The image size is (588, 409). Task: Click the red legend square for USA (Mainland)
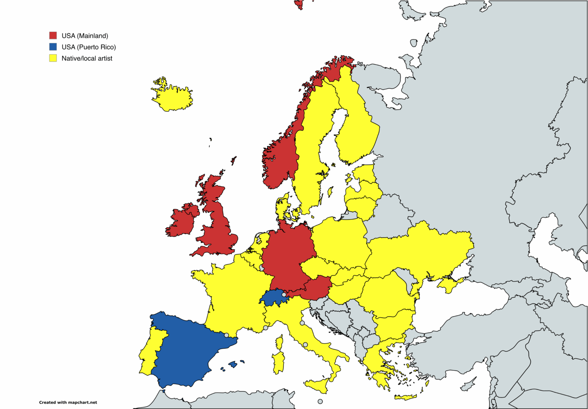53,36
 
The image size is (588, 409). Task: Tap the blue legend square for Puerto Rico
53,47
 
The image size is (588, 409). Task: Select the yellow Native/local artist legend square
53,58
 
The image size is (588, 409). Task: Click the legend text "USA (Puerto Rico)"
88,47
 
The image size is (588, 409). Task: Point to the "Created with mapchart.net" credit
68,402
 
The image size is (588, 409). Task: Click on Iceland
172,98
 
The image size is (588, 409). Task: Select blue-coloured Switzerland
273,298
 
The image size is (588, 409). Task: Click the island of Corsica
279,342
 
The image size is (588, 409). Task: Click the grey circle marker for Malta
320,401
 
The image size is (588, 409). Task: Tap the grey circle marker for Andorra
226,335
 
